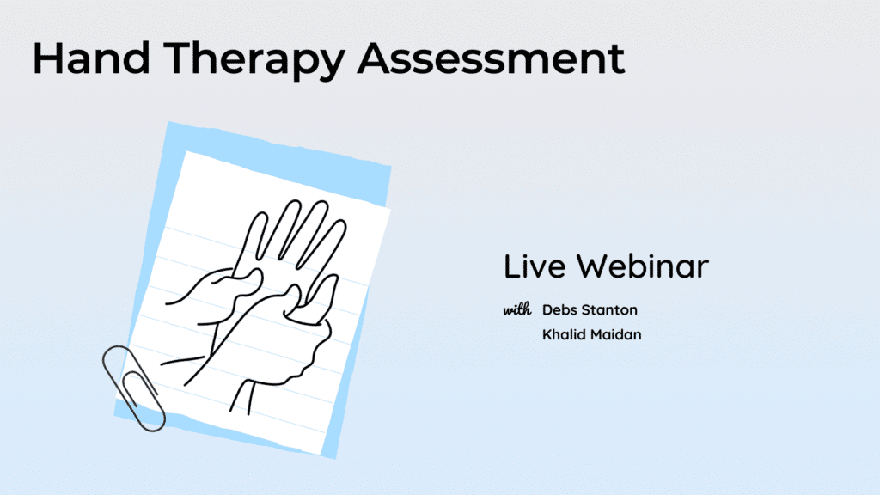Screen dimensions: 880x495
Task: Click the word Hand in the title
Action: tap(91, 58)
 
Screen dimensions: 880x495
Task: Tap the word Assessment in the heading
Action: tap(491, 58)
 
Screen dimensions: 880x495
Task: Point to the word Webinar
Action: tap(643, 266)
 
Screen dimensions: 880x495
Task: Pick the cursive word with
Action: tap(516, 309)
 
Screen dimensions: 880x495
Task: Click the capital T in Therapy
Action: tap(179, 58)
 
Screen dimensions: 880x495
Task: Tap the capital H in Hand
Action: tap(47, 58)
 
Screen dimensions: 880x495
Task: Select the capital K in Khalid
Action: tap(547, 334)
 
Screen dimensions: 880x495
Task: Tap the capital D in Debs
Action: tap(547, 309)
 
